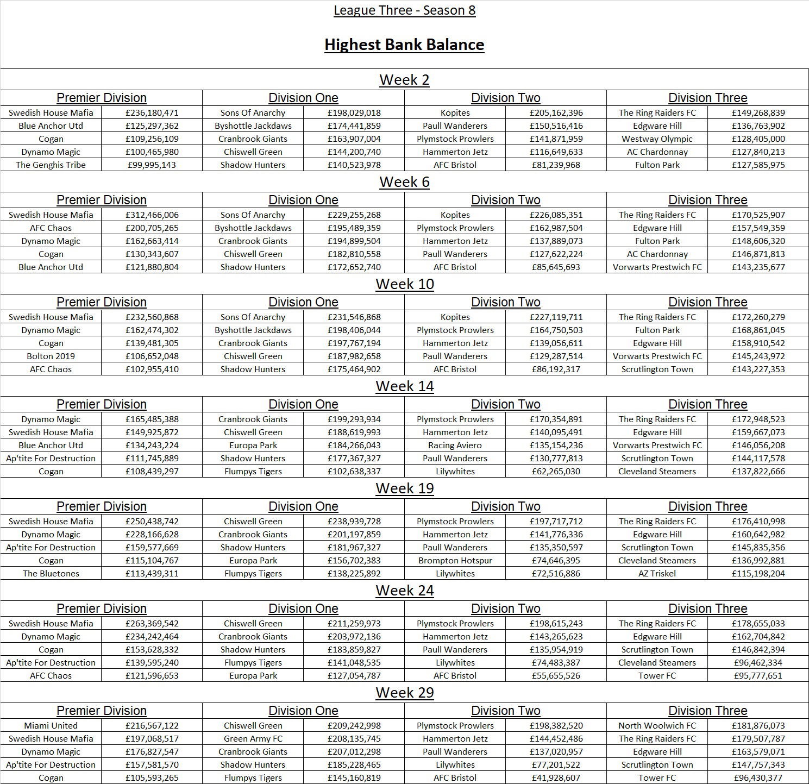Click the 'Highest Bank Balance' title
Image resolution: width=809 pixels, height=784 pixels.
(x=404, y=45)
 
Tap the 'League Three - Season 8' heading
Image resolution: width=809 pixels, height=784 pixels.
(x=404, y=10)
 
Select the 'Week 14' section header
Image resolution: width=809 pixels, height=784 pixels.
(x=404, y=386)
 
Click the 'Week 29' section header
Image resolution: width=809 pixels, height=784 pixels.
(x=404, y=693)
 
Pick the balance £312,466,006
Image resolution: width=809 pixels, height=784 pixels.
(x=152, y=215)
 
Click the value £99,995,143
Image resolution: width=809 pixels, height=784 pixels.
(x=152, y=165)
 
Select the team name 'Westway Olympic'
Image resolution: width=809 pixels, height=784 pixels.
(x=657, y=139)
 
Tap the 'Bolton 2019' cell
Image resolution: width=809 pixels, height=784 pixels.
(x=51, y=356)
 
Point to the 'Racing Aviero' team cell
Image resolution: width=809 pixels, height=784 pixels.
(x=455, y=446)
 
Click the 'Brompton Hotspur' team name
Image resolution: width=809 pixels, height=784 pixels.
(x=455, y=561)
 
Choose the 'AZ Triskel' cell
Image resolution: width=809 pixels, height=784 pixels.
(x=657, y=574)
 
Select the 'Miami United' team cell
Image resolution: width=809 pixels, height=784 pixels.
(x=51, y=726)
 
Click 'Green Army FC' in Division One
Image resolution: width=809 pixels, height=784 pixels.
(x=253, y=739)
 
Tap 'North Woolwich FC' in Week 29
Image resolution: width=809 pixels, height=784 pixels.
(x=657, y=726)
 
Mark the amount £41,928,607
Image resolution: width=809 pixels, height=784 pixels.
(x=556, y=778)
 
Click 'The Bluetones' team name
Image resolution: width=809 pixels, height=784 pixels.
(x=51, y=574)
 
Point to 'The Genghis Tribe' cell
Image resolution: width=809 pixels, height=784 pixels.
(x=51, y=165)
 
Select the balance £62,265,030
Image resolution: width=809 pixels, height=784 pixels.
(x=556, y=472)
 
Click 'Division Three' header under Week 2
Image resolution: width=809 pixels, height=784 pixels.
(x=707, y=98)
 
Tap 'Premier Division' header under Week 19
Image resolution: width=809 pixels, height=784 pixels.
(x=101, y=506)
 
